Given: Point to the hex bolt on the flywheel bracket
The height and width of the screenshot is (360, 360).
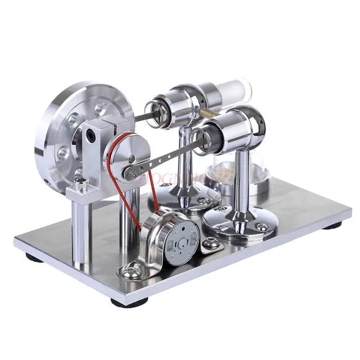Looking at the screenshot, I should tap(80, 183).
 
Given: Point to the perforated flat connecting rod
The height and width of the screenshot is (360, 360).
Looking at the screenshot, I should tap(169, 157).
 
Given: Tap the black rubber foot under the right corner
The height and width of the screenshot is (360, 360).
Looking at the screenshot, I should tap(332, 226).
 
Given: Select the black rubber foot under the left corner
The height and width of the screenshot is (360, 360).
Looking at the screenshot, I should tap(34, 258).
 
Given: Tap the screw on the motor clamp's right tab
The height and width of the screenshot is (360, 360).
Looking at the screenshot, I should tap(211, 243).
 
